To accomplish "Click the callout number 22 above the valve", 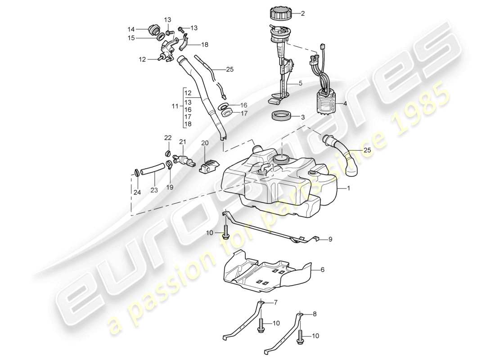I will point(167,138).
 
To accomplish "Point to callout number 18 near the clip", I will point(205,45).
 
